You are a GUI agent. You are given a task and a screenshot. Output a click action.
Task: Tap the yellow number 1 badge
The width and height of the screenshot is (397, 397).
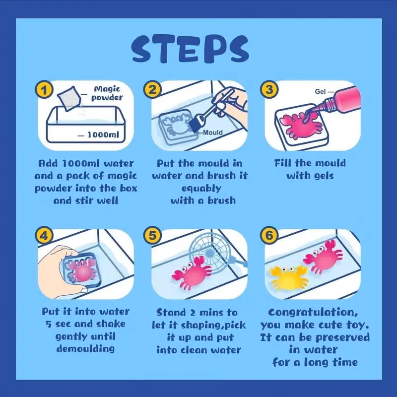tap(44, 90)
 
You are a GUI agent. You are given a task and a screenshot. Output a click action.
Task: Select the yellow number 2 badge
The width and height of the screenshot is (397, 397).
tap(152, 89)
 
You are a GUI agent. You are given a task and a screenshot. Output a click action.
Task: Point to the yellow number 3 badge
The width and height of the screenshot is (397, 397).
tap(269, 89)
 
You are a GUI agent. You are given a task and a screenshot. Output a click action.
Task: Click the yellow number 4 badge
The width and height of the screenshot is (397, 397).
tap(44, 235)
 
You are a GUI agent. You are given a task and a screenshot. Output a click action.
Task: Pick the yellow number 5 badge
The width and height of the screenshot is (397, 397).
tap(152, 235)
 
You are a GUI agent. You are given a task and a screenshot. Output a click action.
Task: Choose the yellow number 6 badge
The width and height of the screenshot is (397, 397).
tap(269, 235)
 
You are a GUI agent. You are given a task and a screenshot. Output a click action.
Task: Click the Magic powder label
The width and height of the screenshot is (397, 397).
tap(107, 93)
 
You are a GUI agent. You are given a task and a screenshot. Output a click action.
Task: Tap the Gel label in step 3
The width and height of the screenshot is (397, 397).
tap(320, 91)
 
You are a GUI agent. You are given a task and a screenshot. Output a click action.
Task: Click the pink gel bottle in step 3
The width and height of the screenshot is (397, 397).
tap(339, 100)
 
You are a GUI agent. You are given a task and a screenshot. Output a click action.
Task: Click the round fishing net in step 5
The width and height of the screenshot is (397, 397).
tap(209, 253)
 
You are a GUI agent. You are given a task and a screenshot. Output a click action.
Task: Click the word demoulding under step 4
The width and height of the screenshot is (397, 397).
tap(85, 349)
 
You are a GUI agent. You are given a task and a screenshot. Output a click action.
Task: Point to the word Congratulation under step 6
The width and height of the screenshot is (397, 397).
tap(313, 313)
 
